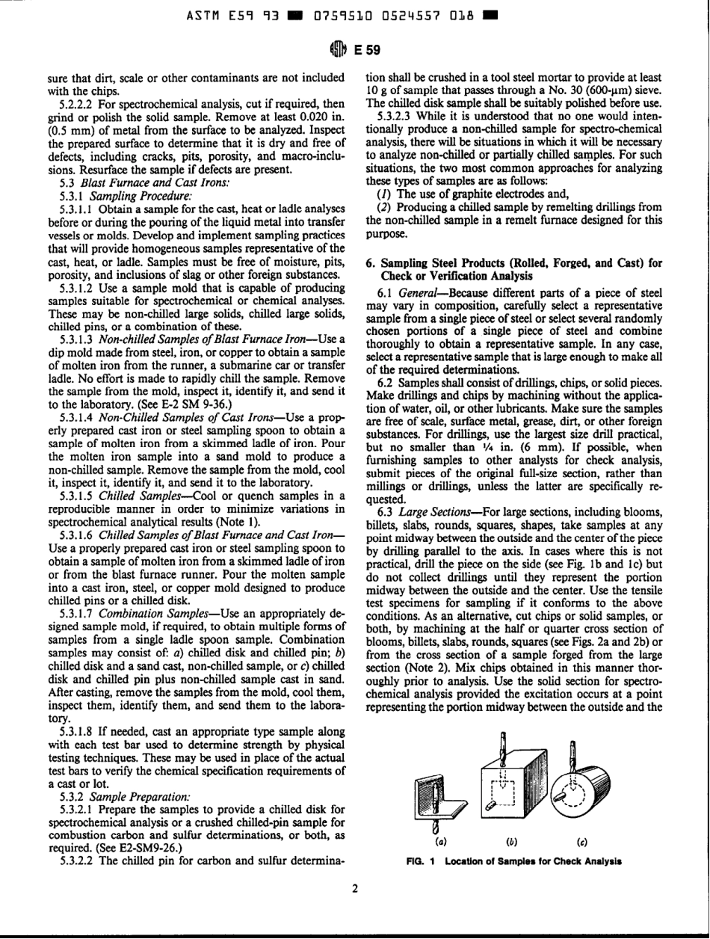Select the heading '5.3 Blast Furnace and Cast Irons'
(x=104, y=181)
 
